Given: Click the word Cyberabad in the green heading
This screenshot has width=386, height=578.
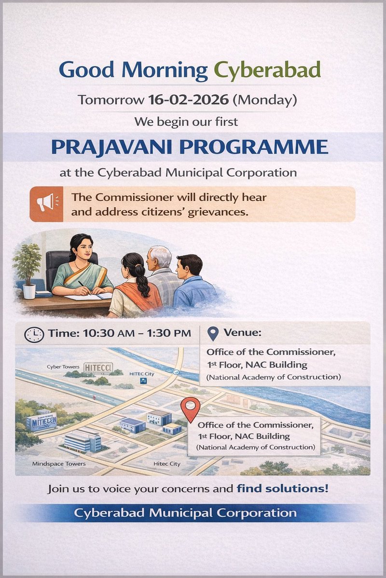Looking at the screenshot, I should tap(267, 70).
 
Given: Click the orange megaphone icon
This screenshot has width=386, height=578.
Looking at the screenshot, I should tap(46, 204).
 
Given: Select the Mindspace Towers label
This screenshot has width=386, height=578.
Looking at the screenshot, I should tap(59, 463).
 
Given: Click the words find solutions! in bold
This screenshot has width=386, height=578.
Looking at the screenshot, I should tap(282, 488).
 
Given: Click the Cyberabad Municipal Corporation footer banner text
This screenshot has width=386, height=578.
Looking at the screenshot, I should tap(185, 512).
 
